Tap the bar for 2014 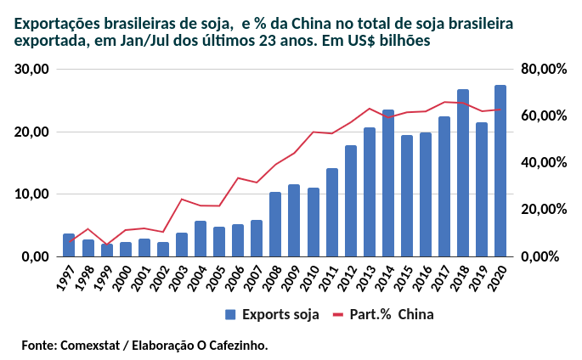(x=388, y=183)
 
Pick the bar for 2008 (x=275, y=224)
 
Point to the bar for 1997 (x=69, y=245)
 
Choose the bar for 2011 (x=331, y=212)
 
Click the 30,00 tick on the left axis (x=33, y=70)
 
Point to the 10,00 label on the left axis (x=33, y=194)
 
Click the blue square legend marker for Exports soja (x=230, y=314)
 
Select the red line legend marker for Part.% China (x=337, y=314)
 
